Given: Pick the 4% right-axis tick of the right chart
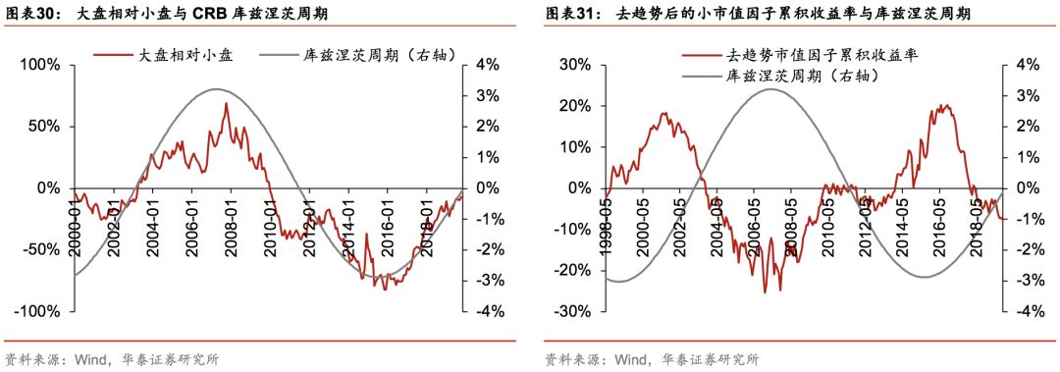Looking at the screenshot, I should (x=1027, y=65).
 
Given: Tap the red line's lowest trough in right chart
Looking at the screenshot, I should (x=765, y=292).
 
